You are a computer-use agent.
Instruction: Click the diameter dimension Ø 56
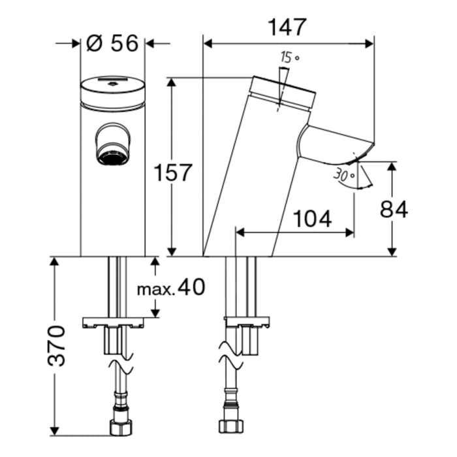point(112,44)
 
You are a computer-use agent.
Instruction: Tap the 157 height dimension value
point(174,173)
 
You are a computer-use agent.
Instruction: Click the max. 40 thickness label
point(170,287)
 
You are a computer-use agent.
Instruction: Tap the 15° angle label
point(289,57)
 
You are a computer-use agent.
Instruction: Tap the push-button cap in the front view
point(112,93)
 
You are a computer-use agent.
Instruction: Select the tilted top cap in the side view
point(285,92)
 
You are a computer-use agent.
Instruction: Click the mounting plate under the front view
point(112,322)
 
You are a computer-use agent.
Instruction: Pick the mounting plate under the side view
point(246,321)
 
